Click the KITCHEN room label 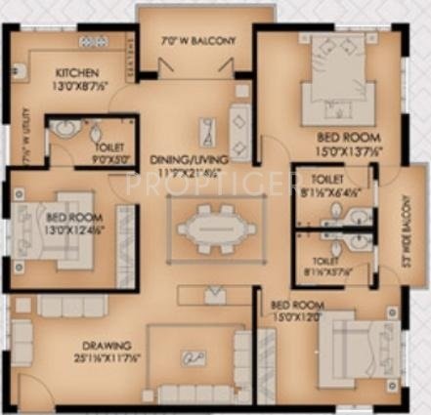[x=74, y=73]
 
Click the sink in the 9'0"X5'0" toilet [x=65, y=129]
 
